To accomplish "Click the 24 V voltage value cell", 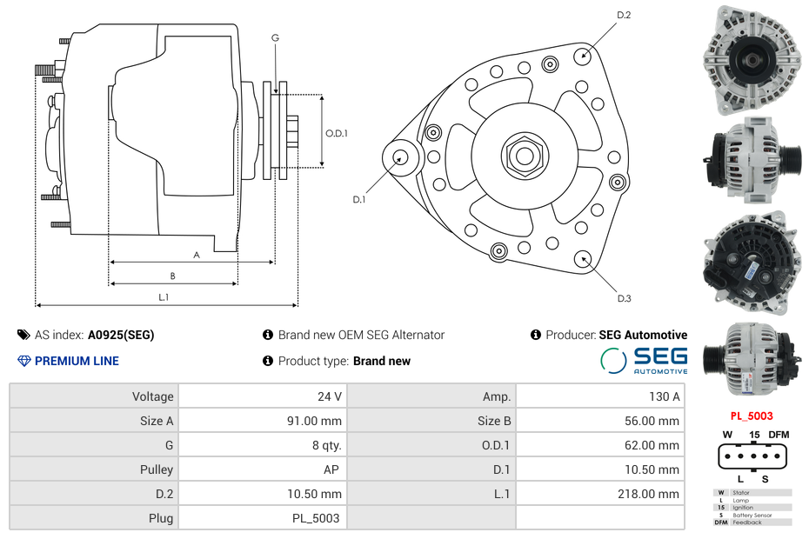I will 329,396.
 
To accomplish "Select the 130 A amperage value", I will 665,396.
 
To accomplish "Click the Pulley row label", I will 157,469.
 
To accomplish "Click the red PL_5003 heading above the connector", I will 751,416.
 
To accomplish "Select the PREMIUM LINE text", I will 77,361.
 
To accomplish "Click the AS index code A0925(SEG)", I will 121,335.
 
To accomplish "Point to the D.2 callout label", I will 624,16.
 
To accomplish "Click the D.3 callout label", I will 624,298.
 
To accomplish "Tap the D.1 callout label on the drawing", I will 358,199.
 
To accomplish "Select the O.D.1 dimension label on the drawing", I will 337,133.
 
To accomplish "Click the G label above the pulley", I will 275,37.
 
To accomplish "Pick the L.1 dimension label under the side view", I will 164,296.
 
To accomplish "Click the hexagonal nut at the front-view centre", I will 525,156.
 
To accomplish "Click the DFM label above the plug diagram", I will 778,435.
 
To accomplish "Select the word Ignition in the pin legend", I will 743,508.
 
